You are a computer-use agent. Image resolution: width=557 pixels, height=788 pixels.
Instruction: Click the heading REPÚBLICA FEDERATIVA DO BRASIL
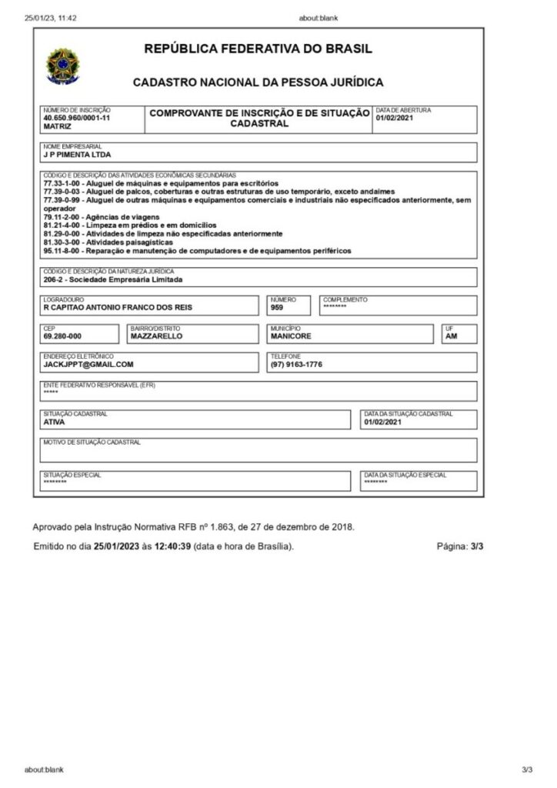(258, 49)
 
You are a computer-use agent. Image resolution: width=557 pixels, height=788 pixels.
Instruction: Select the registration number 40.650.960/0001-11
(77, 118)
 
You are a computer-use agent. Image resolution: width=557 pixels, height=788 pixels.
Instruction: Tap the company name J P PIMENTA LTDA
(78, 154)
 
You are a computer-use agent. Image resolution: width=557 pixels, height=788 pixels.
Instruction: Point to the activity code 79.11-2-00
(63, 217)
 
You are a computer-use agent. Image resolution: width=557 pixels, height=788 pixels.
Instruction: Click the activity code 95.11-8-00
(63, 251)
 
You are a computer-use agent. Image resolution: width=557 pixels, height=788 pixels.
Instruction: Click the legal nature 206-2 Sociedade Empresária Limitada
(113, 279)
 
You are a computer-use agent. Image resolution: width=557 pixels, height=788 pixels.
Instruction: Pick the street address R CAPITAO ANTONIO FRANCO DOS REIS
(118, 308)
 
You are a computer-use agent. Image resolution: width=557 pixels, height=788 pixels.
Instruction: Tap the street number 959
(278, 308)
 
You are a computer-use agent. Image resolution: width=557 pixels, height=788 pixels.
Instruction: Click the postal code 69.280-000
(63, 336)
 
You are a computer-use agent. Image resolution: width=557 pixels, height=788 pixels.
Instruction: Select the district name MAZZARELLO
(157, 336)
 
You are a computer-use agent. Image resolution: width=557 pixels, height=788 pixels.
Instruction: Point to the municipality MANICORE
(291, 336)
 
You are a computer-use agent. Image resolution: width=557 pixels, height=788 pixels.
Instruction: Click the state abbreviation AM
(451, 336)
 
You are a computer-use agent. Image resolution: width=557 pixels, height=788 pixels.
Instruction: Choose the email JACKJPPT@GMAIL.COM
(88, 365)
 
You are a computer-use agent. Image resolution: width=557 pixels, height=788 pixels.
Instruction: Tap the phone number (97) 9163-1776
(296, 365)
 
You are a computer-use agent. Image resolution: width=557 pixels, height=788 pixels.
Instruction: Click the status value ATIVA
(54, 422)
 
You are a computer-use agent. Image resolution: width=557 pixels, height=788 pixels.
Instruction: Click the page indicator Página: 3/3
(459, 546)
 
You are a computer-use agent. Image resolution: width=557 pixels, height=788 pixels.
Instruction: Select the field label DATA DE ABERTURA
(402, 110)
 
